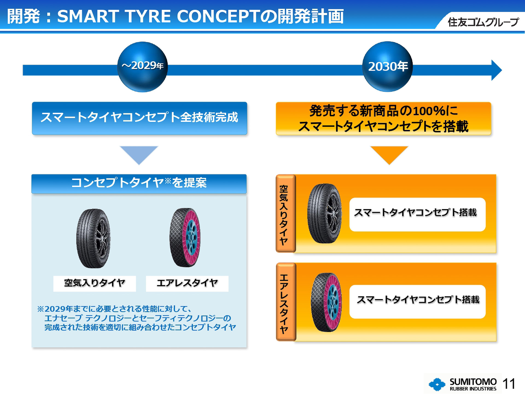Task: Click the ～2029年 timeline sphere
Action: coord(142,66)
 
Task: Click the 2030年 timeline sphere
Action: coord(387,66)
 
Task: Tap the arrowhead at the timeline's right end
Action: coord(496,70)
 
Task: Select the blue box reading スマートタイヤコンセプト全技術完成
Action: coord(139,118)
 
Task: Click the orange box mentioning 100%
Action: coord(383,118)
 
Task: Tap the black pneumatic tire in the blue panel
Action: coord(94,238)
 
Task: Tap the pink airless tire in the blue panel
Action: coord(185,237)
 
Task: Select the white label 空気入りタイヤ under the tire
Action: coord(94,283)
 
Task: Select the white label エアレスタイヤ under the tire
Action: coord(187,283)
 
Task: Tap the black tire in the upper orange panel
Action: coord(325,213)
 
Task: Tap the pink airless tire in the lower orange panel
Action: coord(326,302)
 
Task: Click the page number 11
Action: coord(509,384)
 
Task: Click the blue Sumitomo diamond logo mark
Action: coord(437,384)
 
